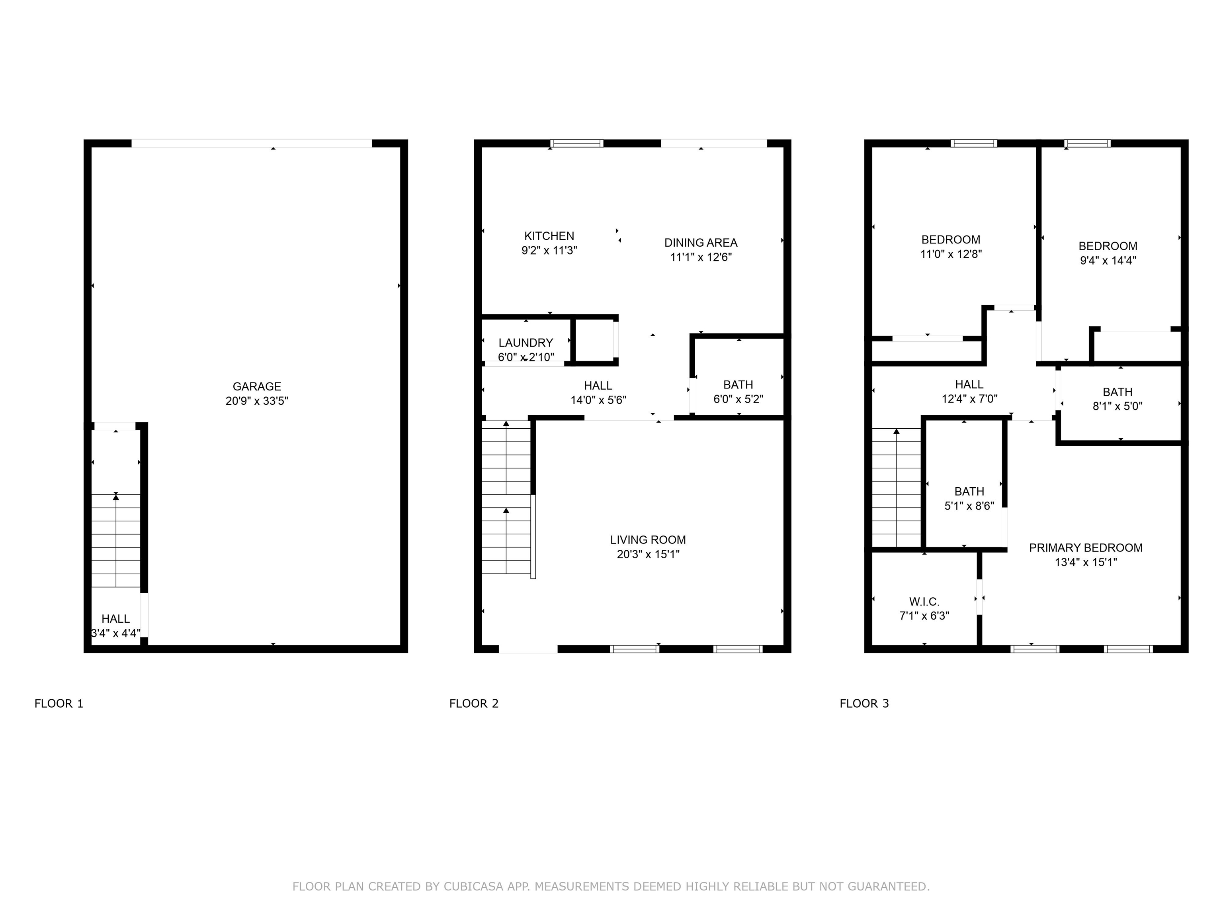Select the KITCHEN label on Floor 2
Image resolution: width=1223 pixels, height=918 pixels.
(549, 236)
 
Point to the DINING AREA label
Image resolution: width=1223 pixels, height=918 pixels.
(701, 242)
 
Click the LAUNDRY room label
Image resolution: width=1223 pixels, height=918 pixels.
(525, 343)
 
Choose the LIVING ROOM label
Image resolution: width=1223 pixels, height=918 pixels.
(648, 539)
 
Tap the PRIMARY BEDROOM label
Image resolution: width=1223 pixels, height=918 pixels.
(1085, 548)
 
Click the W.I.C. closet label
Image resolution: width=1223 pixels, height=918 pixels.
(924, 602)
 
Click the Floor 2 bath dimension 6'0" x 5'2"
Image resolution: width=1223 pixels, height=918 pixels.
(738, 399)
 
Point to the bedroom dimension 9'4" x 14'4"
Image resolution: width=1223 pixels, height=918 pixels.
(1108, 260)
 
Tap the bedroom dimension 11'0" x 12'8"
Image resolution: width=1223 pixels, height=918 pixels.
(950, 254)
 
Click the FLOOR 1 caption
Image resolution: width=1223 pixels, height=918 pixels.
(59, 703)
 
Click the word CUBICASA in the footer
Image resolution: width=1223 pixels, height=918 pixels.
(473, 887)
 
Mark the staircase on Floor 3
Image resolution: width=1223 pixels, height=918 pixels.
(896, 487)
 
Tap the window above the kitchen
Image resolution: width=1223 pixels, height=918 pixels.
(577, 143)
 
